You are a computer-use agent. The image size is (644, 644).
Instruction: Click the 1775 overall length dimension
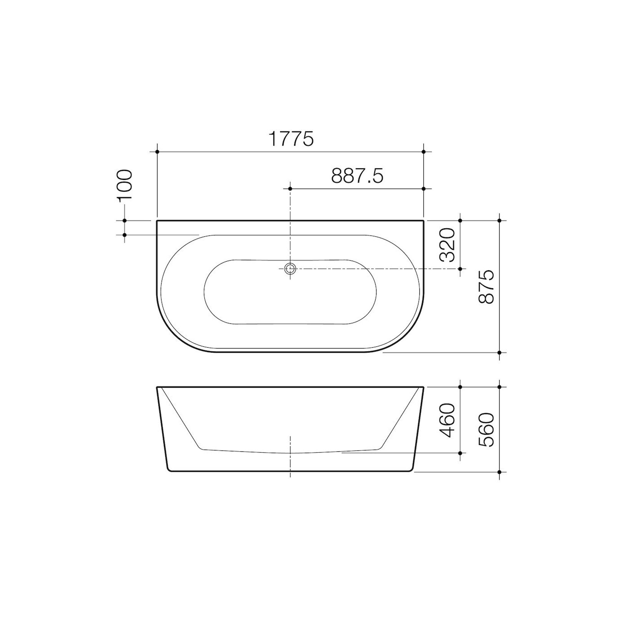click(291, 139)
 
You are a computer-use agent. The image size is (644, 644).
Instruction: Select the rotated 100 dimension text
click(125, 185)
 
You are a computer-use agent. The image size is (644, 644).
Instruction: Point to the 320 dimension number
click(448, 244)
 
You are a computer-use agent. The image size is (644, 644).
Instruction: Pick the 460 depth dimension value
click(448, 420)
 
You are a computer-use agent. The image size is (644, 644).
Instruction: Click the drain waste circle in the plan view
click(290, 268)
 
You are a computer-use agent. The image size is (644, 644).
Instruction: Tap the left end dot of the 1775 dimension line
click(158, 152)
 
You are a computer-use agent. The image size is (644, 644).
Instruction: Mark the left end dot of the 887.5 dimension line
click(290, 189)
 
